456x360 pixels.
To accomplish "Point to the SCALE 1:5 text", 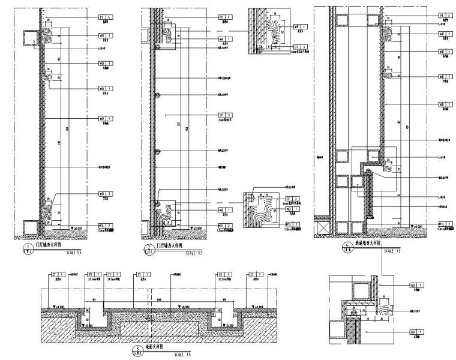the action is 182,355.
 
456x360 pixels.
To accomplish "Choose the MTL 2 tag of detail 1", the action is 105,225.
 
